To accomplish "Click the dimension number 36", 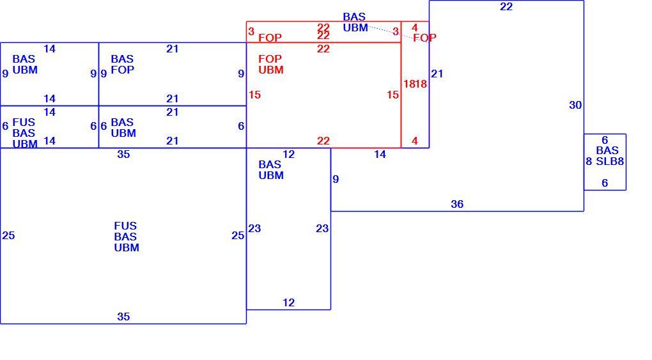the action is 457,204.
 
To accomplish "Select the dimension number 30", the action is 575,105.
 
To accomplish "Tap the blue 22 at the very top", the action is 506,6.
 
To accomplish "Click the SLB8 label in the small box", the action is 610,161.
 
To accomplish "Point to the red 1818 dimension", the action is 415,84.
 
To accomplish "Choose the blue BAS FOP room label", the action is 122,64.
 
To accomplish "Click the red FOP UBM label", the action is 270,64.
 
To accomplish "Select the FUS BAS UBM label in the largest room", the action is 127,237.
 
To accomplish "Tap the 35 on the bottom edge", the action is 123,317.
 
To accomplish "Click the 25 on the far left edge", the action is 8,235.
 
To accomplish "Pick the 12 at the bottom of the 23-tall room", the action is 288,302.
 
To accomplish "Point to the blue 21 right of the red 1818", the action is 437,74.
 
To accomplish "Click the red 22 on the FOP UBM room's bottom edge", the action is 323,141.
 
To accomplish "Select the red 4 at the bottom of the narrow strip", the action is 415,141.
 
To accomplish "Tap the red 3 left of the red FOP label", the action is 251,31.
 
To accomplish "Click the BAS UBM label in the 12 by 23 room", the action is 270,170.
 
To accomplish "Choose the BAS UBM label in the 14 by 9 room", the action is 25,64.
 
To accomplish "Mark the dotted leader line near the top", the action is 391,32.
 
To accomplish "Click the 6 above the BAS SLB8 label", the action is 605,140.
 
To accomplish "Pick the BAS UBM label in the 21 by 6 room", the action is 123,127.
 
